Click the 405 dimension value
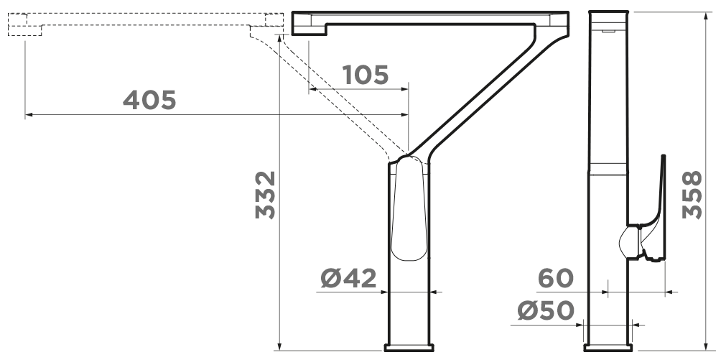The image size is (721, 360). (149, 100)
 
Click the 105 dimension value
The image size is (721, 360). (366, 75)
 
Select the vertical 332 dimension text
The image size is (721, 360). (265, 195)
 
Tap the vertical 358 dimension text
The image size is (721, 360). (692, 195)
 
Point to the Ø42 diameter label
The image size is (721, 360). (348, 279)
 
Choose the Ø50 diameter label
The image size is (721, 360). (545, 310)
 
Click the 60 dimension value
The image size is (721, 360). (555, 279)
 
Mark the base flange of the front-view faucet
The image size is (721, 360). (409, 348)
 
